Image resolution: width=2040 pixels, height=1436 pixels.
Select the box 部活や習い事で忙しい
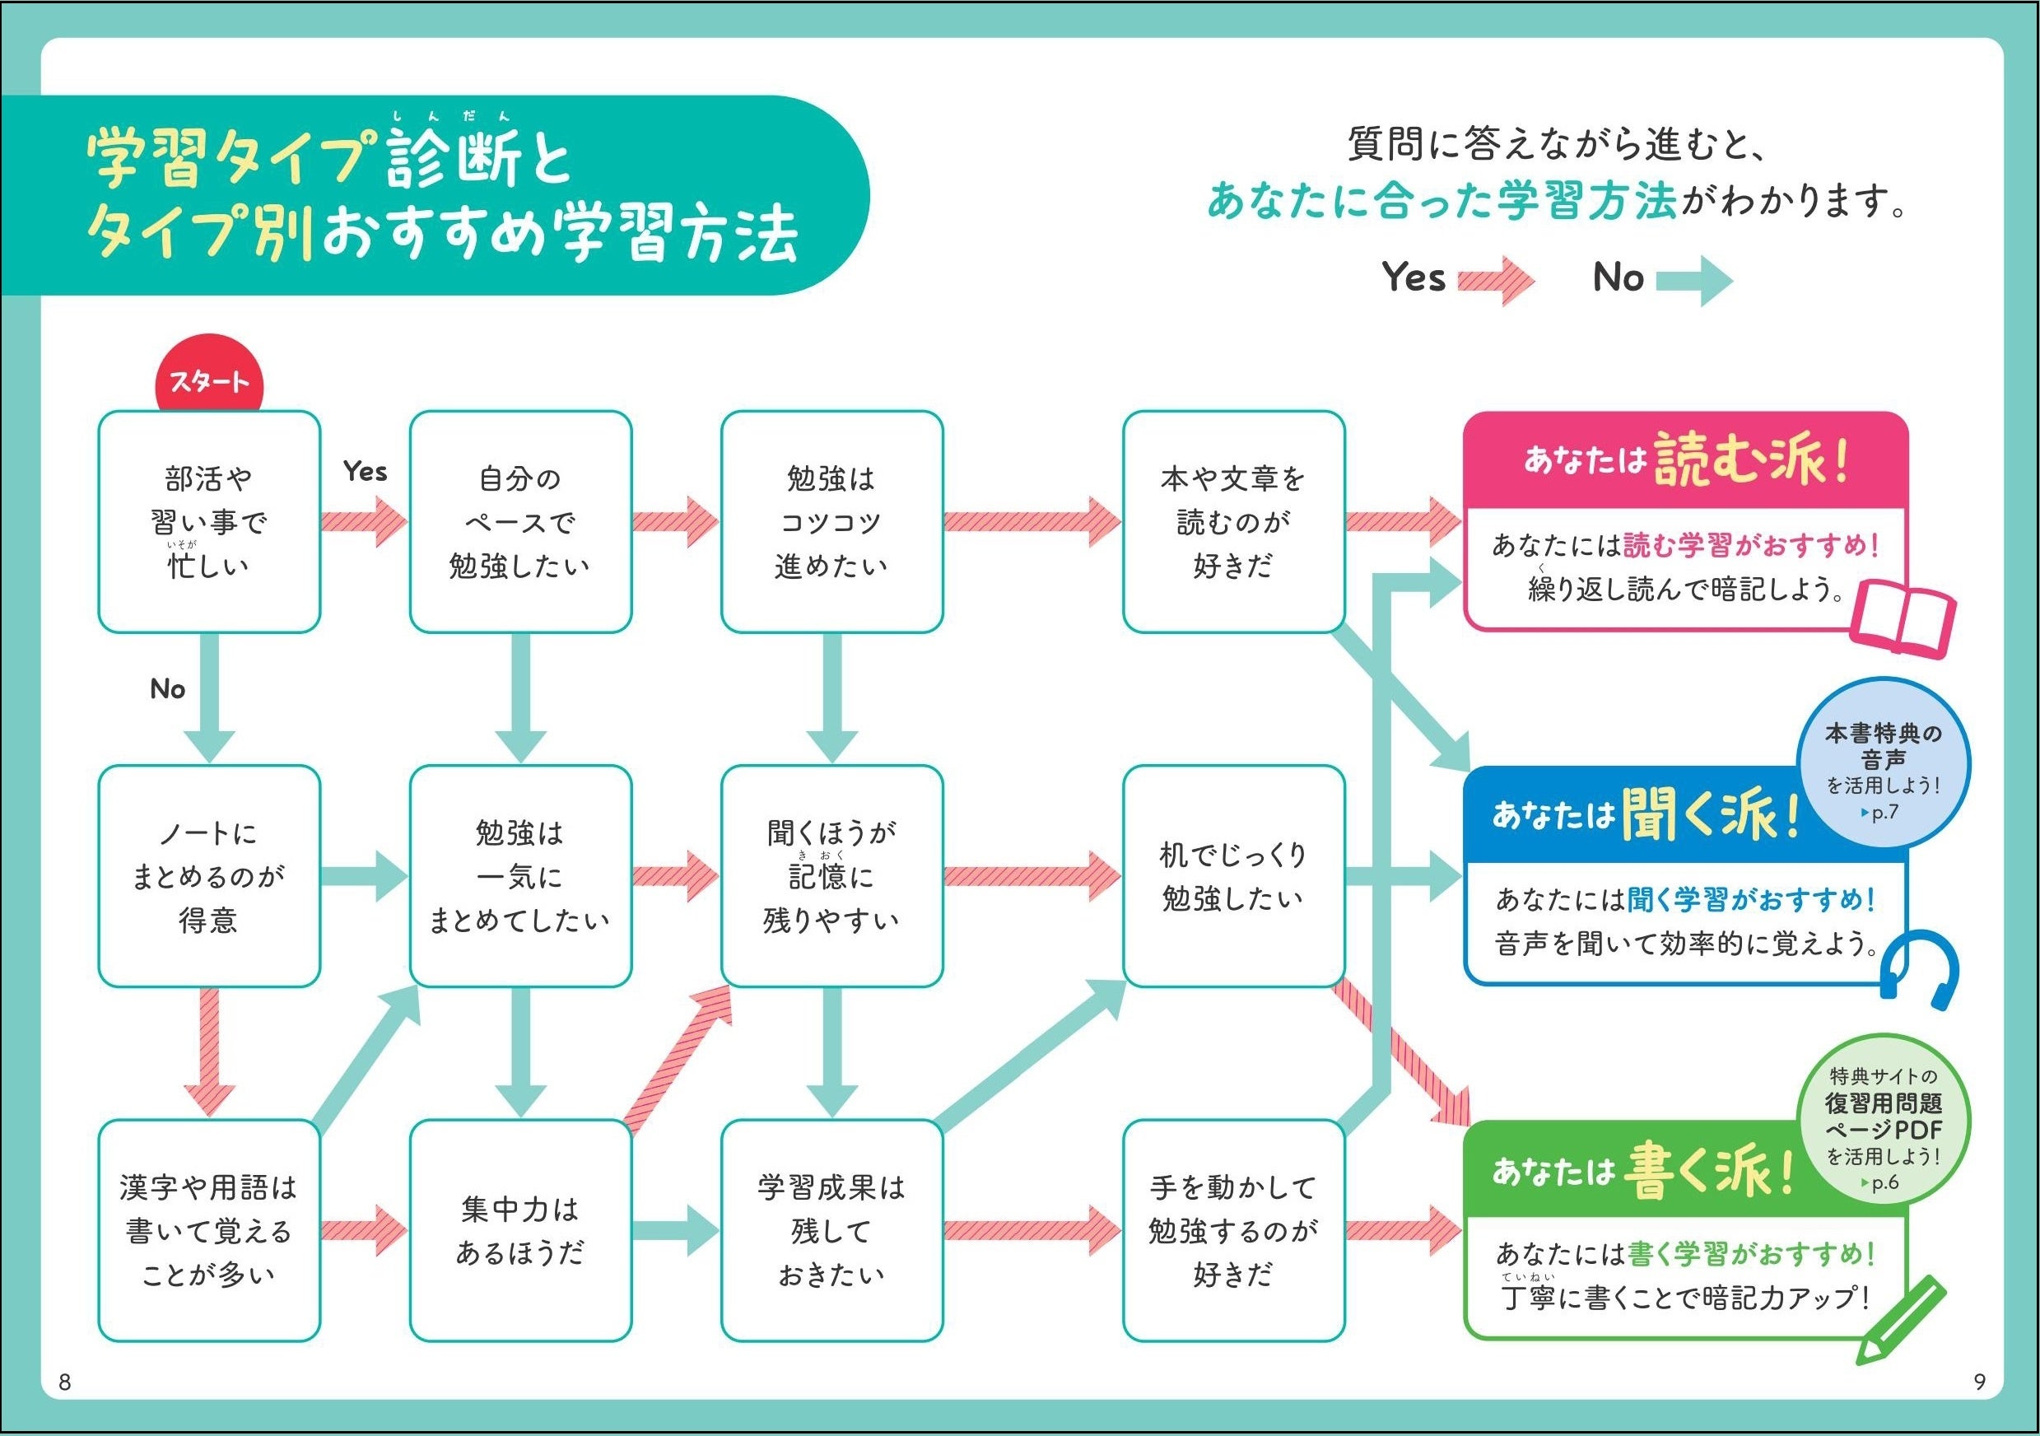click(209, 521)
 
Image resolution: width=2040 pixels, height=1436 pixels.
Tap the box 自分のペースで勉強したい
click(519, 521)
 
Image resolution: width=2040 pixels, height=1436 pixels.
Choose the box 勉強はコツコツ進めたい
click(831, 521)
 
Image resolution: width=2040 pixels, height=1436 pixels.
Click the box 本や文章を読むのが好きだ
click(1232, 521)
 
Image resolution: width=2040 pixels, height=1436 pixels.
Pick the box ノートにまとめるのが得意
click(209, 875)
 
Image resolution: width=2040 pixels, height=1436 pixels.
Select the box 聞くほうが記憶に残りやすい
click(831, 875)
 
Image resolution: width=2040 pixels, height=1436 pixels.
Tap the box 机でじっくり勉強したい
click(1232, 875)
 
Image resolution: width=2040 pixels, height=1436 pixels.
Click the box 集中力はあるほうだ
click(519, 1230)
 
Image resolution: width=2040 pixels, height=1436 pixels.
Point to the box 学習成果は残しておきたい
click(831, 1230)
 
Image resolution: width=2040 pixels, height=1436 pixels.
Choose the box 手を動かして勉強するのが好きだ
click(1232, 1230)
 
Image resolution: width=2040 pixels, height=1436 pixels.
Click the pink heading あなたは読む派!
click(1684, 460)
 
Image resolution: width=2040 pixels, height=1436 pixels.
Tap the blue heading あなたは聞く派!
click(1644, 815)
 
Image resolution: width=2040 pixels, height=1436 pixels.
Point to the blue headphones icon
click(1919, 969)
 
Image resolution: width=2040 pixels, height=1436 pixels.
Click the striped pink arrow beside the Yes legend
click(1495, 280)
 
